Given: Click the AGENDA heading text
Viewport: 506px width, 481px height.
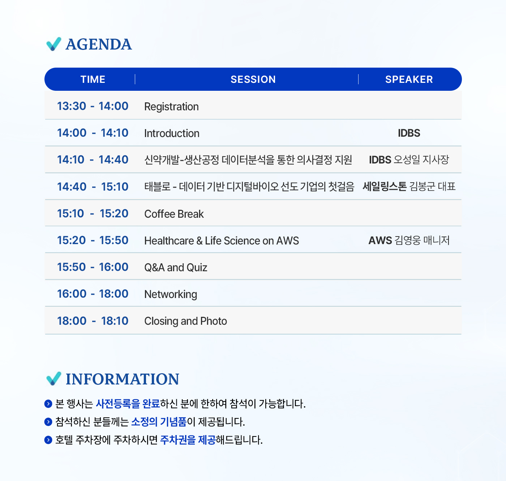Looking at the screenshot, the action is [99, 44].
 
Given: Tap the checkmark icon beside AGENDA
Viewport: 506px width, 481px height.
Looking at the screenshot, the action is [53, 44].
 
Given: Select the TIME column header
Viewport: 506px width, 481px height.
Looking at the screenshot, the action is [93, 79].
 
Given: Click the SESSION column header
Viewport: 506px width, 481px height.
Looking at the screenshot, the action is [253, 79].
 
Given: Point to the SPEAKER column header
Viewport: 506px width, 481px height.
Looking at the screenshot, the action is [409, 79].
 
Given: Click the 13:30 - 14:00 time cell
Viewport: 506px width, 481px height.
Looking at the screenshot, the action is [93, 106].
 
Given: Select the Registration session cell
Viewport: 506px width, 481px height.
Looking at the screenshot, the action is [171, 107].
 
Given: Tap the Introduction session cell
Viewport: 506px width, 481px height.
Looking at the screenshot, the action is [172, 133].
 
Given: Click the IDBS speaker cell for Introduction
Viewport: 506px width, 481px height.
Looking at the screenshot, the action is [409, 133].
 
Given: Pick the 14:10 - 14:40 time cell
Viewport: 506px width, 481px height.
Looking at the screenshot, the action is [93, 160].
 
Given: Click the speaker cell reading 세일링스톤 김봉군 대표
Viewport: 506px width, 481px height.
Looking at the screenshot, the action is [409, 186].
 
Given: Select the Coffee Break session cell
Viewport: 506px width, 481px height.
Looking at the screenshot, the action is [174, 214].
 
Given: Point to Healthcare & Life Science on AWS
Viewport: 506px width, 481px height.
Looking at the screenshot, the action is [222, 240].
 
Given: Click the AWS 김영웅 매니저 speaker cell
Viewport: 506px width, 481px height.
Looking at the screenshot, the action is [409, 240].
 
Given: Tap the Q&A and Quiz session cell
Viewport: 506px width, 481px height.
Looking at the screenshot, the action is [176, 267].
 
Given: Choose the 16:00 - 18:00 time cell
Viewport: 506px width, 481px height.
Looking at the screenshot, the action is [93, 294].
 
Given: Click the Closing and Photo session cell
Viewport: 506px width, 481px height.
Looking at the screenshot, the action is [185, 321].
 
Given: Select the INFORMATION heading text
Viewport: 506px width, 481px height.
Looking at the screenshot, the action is [123, 379].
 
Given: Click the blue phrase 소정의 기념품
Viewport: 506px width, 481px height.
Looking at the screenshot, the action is [159, 422].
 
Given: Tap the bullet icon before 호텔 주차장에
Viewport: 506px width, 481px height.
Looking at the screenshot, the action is [48, 440].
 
